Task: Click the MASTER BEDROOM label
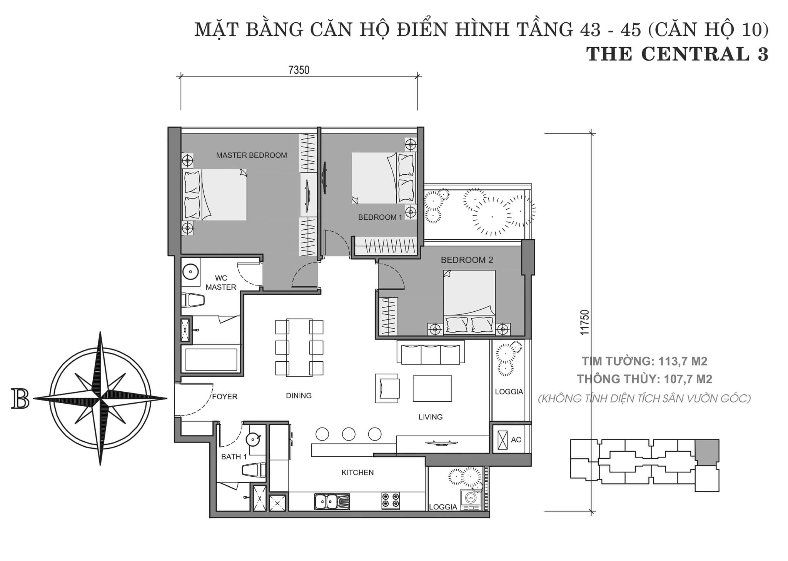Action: (x=251, y=155)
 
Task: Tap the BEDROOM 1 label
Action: (x=380, y=217)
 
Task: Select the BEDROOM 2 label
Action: (x=467, y=260)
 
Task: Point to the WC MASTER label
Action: (x=221, y=283)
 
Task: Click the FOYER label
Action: (x=225, y=397)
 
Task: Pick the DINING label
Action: (x=299, y=396)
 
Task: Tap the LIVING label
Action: (x=431, y=417)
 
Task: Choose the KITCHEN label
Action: (x=357, y=473)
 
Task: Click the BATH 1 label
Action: (x=234, y=457)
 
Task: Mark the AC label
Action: (x=516, y=440)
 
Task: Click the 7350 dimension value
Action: (x=299, y=70)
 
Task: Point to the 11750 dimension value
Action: (x=585, y=322)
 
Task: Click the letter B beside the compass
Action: (x=20, y=398)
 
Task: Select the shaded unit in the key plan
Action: (x=707, y=452)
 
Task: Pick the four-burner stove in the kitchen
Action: (x=391, y=501)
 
